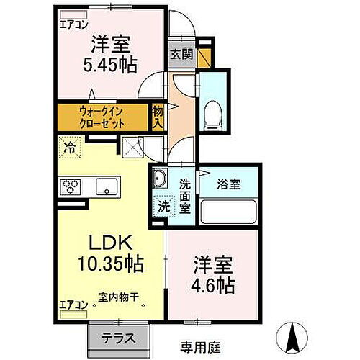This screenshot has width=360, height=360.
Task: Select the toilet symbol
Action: pyautogui.click(x=212, y=113)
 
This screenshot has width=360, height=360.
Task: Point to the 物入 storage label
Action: pyautogui.click(x=158, y=117)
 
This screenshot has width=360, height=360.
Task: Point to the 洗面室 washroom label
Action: pyautogui.click(x=185, y=194)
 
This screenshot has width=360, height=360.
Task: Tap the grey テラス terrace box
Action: pyautogui.click(x=117, y=336)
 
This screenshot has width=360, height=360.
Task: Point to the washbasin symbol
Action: pyautogui.click(x=161, y=180)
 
